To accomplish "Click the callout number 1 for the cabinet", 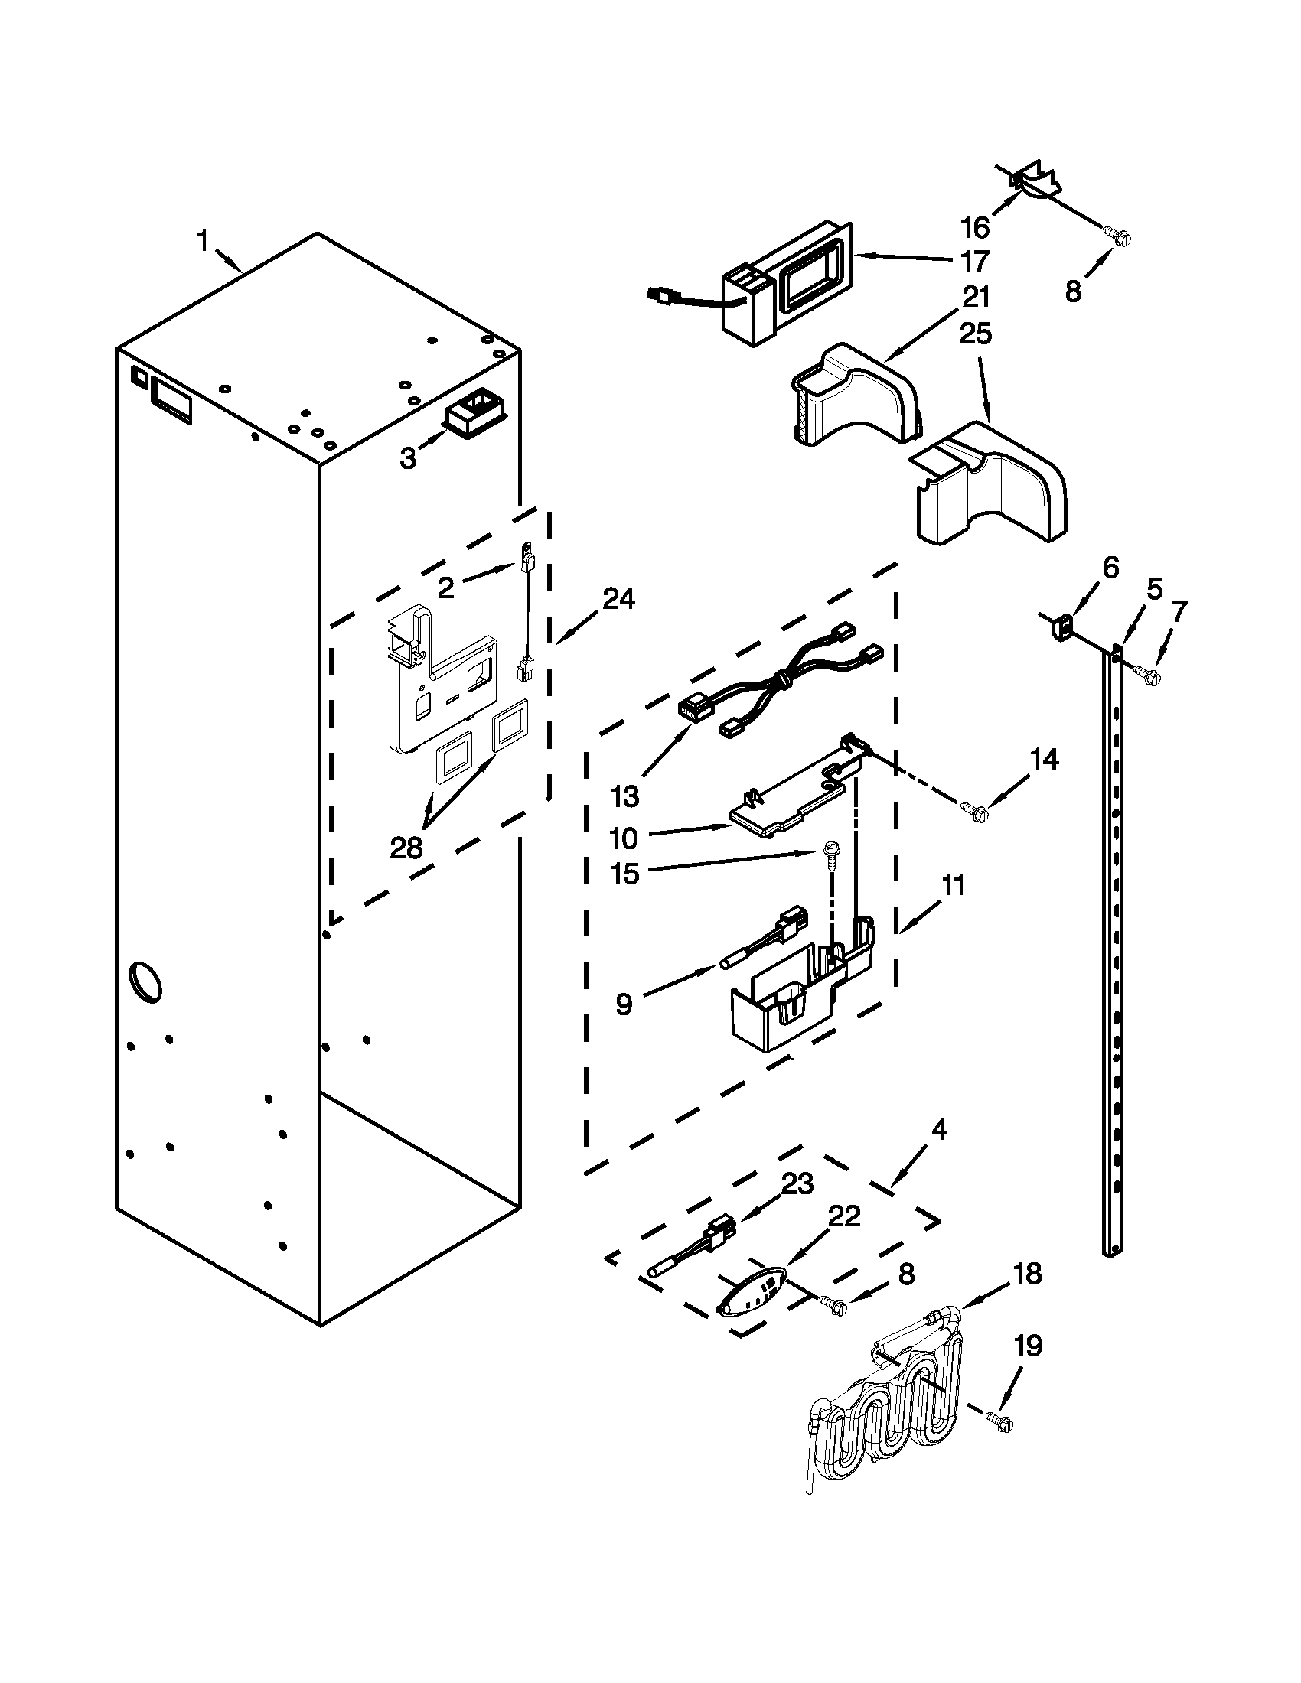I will tap(203, 242).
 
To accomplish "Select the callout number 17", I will tap(975, 262).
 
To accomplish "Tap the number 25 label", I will tap(975, 334).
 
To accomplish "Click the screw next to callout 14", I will tap(973, 809).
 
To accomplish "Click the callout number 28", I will tap(406, 848).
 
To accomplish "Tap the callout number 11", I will tap(954, 885).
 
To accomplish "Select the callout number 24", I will tap(618, 598).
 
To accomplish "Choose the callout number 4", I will tap(938, 1130).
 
